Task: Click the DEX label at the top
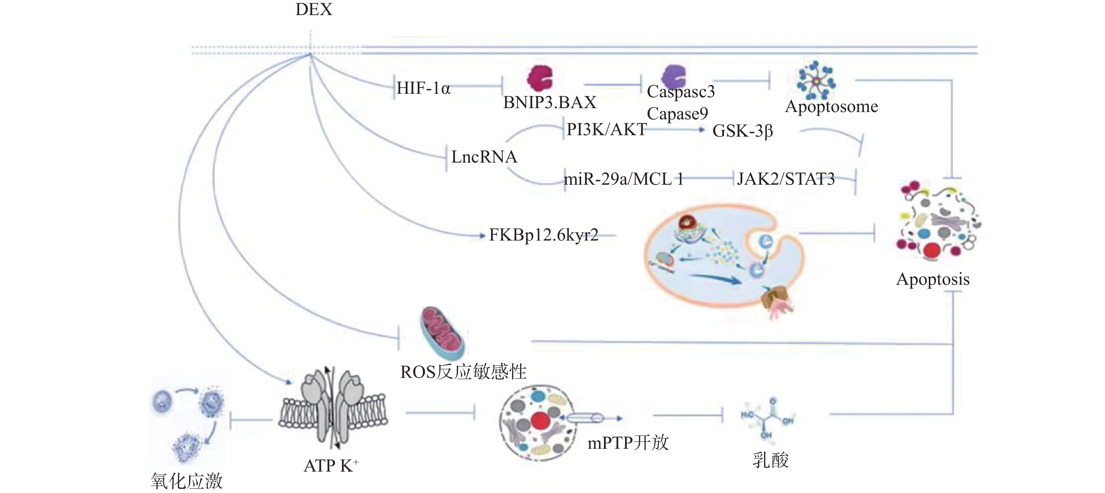coord(314,9)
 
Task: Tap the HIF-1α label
coord(423,88)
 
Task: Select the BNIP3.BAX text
coord(549,102)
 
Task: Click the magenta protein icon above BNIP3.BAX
coord(540,78)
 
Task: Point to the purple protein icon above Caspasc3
coord(674,77)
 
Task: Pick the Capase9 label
coord(677,114)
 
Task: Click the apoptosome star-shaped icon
coord(816,80)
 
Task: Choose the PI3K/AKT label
coord(607,129)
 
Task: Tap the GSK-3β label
coord(743,131)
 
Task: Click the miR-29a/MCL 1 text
coord(623,179)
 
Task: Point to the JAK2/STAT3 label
coord(786,179)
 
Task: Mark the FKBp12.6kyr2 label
coord(543,235)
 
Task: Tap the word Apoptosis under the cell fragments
coord(932,280)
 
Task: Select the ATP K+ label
coord(331,466)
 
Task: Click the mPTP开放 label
coord(628,442)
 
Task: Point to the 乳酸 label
coord(770,460)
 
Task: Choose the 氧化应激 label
coord(187,481)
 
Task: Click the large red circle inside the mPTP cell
coord(541,421)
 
